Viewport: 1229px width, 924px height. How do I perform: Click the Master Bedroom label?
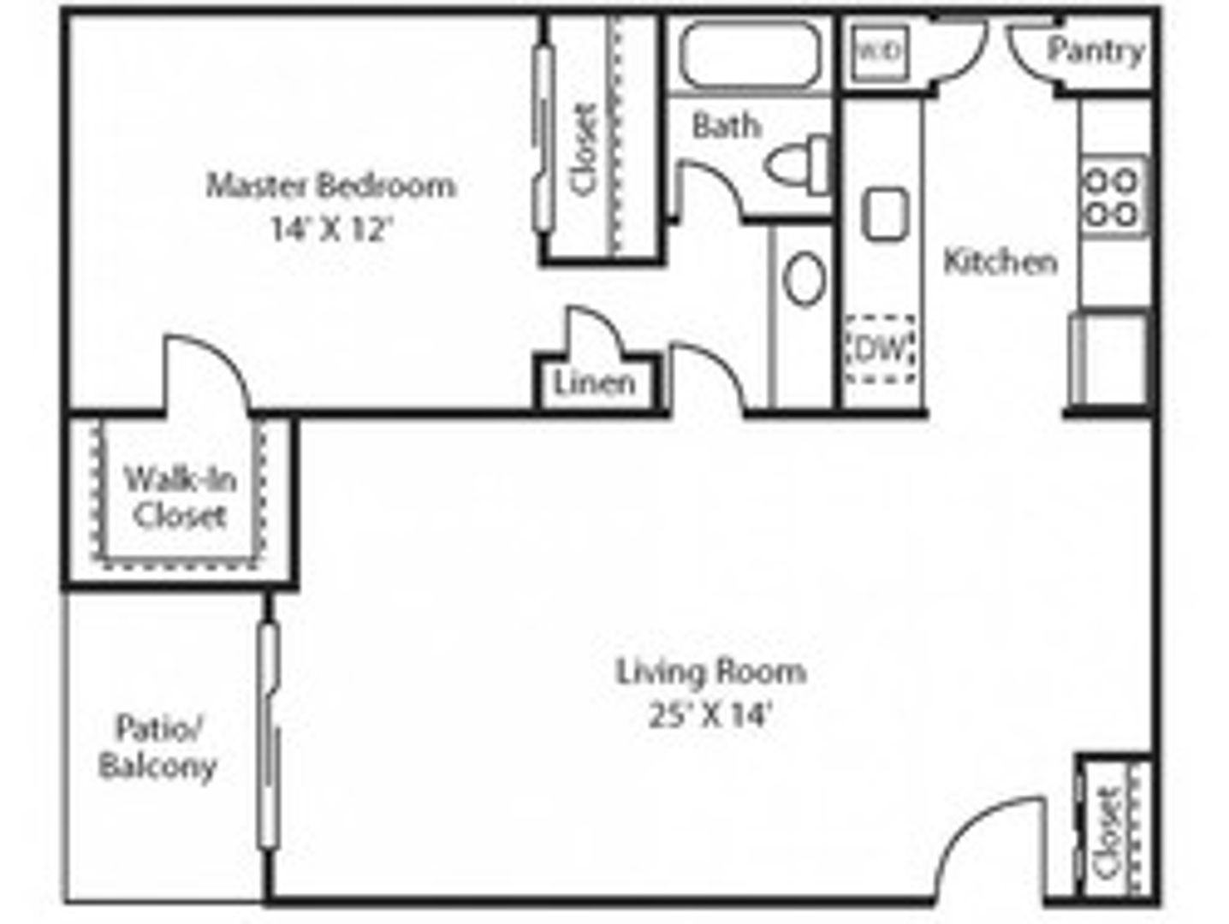(x=330, y=185)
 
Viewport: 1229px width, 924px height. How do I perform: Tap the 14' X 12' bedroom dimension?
(x=330, y=228)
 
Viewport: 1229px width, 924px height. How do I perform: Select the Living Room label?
(x=710, y=672)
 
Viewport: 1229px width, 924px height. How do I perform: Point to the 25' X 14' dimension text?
(x=710, y=714)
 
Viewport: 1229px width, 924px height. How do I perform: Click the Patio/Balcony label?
(x=157, y=747)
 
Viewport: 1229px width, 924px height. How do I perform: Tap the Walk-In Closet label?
(x=180, y=497)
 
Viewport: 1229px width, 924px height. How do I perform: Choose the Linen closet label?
(x=595, y=384)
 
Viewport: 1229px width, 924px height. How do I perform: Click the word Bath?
(x=726, y=126)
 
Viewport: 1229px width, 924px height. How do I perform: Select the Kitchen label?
(x=1000, y=261)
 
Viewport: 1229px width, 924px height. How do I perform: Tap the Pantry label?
(x=1095, y=50)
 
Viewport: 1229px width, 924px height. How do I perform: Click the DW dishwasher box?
(x=881, y=349)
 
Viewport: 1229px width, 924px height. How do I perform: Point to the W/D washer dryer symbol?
(x=879, y=52)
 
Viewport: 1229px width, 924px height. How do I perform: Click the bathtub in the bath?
(x=750, y=54)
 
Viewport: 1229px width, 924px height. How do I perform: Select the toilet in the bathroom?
(x=801, y=163)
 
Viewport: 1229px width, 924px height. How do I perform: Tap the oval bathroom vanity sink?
(x=804, y=278)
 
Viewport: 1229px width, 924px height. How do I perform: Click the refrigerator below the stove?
(x=1110, y=357)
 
